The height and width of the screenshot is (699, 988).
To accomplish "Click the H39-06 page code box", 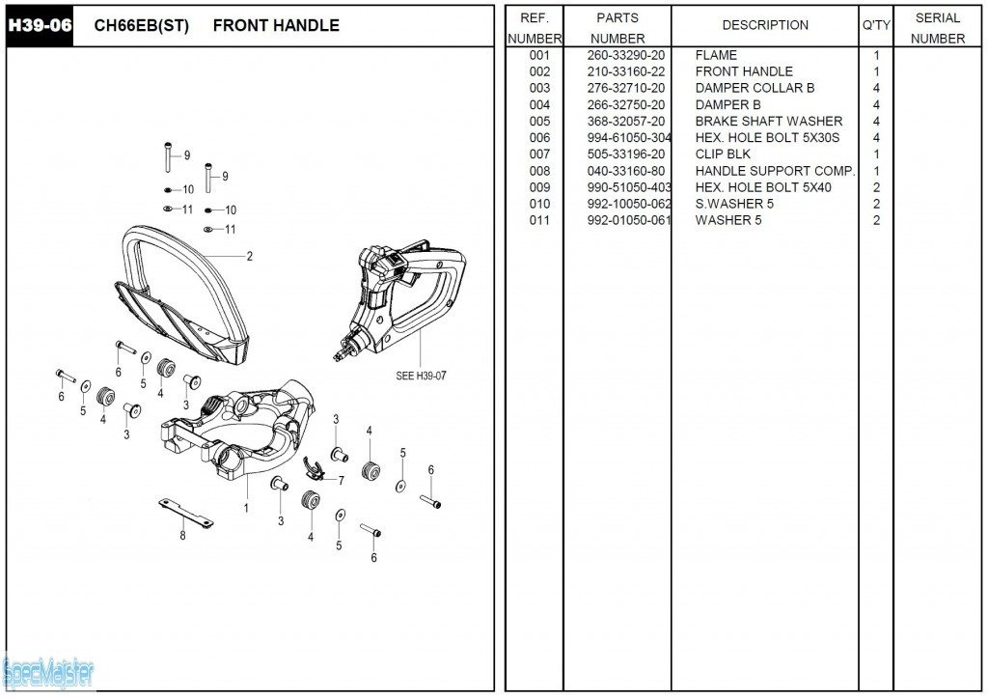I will [40, 25].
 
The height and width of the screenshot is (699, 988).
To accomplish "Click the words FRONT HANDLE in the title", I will [276, 26].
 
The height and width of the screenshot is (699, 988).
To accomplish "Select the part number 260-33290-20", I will [625, 55].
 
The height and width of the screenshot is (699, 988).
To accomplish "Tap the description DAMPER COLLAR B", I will [755, 88].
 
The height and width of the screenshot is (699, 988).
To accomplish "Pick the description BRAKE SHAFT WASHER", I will [768, 121].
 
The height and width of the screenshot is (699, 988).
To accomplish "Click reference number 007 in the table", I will [539, 154].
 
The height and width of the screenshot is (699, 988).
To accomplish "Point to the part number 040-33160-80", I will [625, 171].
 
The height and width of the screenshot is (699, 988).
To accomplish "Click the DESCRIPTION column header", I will [765, 25].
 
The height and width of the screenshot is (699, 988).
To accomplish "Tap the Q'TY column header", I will [876, 25].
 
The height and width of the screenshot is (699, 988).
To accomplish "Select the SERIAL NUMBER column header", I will [937, 28].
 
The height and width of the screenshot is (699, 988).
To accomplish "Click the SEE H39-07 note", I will [423, 376].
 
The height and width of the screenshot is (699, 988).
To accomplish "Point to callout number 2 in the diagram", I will [249, 256].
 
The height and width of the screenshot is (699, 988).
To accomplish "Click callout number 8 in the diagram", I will [182, 536].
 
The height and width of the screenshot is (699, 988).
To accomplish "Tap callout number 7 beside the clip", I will [341, 480].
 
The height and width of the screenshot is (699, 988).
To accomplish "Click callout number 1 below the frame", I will [246, 507].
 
